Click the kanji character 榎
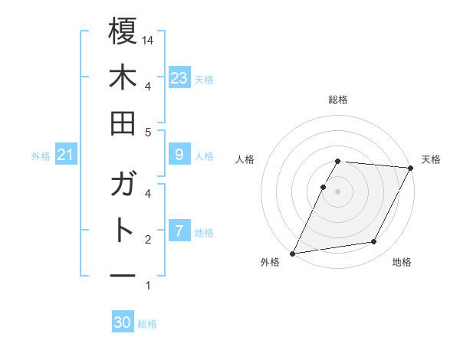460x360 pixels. [x=123, y=31]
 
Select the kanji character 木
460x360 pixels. [x=123, y=77]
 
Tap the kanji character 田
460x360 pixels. [x=123, y=123]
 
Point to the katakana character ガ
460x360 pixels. [x=123, y=185]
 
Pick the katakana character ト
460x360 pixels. [x=123, y=231]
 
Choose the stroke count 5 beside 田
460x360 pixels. [x=148, y=132]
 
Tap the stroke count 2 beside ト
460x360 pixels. [x=148, y=240]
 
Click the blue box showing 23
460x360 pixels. [x=179, y=77]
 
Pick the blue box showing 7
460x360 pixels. [x=179, y=231]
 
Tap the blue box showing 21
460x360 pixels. [x=66, y=155]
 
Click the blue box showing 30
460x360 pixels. [x=123, y=322]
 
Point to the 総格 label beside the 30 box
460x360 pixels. [x=147, y=324]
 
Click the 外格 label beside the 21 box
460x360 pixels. [x=41, y=156]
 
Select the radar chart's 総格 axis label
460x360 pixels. [x=338, y=100]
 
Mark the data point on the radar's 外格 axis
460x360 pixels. [x=292, y=253]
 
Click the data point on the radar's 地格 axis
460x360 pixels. [x=374, y=242]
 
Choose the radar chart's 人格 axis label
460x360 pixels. [x=245, y=159]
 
